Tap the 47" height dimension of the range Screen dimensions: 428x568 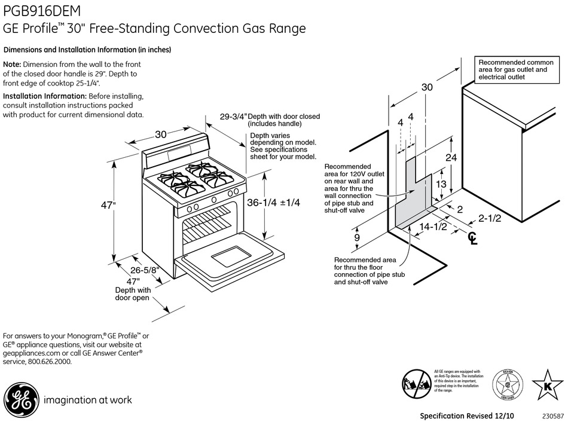click(x=108, y=206)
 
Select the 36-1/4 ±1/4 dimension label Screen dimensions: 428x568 click(x=273, y=203)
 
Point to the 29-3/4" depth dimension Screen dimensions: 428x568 click(x=233, y=117)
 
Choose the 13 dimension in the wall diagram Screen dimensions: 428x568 click(x=441, y=184)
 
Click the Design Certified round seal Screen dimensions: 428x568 click(x=506, y=384)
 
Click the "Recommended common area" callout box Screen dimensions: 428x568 click(x=512, y=70)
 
